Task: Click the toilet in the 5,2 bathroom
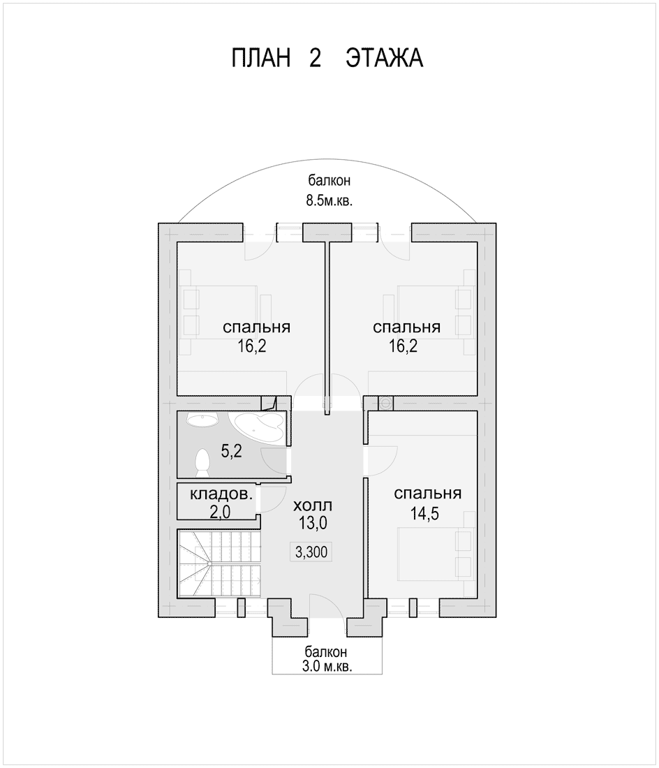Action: click(x=202, y=462)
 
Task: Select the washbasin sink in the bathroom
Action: click(x=202, y=420)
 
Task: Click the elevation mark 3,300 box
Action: click(x=311, y=552)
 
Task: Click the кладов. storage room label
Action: click(x=221, y=494)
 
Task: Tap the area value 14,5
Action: click(x=424, y=514)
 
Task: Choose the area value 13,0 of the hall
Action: click(x=313, y=523)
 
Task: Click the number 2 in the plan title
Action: click(x=315, y=58)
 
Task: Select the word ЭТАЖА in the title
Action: click(x=385, y=58)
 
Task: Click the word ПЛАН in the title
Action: click(x=260, y=58)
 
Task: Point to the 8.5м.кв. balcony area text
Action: click(x=329, y=201)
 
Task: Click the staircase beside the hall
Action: click(x=219, y=563)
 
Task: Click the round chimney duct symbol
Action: click(x=386, y=403)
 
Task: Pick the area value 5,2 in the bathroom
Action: click(x=231, y=451)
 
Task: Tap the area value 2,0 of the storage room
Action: click(x=220, y=512)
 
